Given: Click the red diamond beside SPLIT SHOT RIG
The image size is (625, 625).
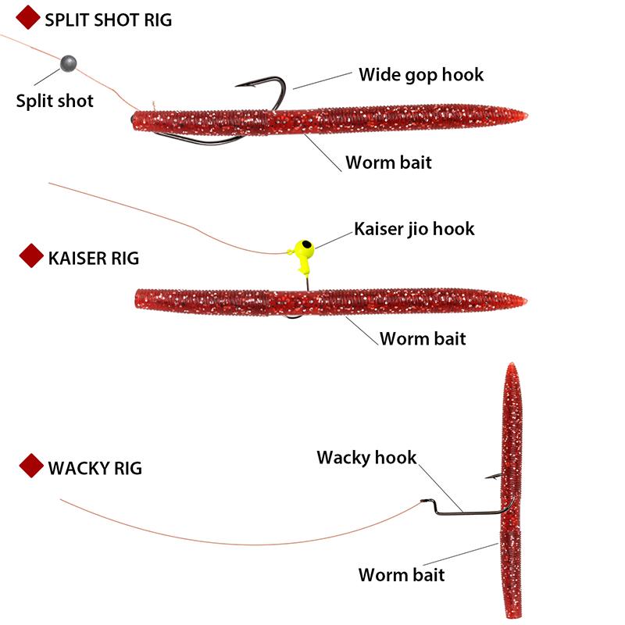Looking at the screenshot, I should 28,19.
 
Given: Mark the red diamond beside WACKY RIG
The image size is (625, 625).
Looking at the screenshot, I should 31,466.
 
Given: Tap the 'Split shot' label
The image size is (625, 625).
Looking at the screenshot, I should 55,101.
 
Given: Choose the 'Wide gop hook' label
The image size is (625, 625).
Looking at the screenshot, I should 421,75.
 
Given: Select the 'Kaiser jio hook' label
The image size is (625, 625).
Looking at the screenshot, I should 414,229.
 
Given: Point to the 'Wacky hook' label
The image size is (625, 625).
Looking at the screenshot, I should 366,457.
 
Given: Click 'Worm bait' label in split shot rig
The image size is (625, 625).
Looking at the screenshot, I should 388,162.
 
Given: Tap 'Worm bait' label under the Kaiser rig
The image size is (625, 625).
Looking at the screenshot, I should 423,338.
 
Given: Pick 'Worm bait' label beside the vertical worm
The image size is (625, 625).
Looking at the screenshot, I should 402,575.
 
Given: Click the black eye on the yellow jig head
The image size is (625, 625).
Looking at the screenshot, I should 308,247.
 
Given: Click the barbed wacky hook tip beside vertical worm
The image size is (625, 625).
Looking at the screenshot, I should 487,476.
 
